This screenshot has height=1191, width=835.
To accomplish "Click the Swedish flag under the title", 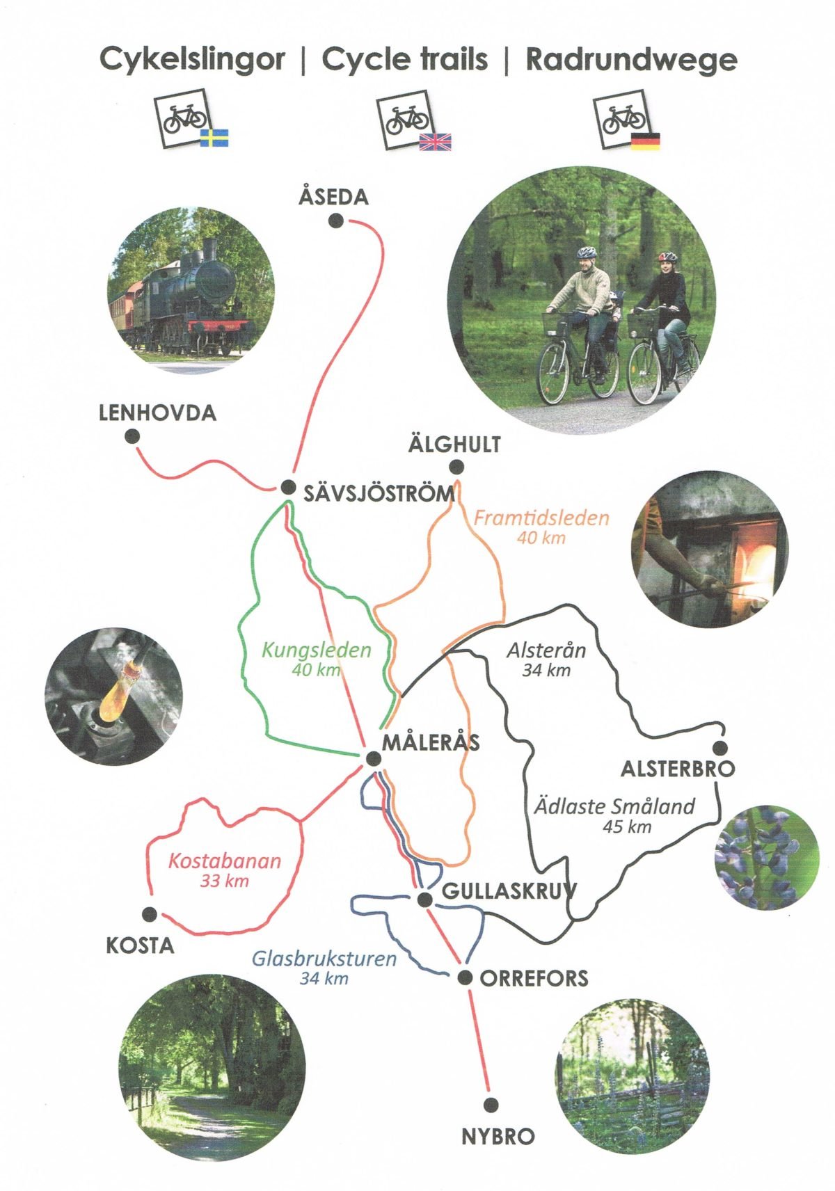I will (x=214, y=138).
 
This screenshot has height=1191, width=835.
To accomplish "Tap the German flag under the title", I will (x=645, y=141).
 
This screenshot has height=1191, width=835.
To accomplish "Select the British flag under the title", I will (x=436, y=142).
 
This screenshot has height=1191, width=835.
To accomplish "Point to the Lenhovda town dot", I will (x=132, y=437).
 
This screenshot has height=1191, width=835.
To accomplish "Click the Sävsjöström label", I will (x=380, y=494).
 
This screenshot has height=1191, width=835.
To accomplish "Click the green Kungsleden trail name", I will (x=317, y=651).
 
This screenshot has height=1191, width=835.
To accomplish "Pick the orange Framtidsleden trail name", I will (x=541, y=518).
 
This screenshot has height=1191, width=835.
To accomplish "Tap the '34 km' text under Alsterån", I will (x=546, y=671).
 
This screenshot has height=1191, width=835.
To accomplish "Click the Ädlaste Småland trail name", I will (x=614, y=807).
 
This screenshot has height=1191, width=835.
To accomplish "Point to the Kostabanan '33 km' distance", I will (x=224, y=881).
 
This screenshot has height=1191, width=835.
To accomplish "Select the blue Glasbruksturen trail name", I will (x=324, y=959).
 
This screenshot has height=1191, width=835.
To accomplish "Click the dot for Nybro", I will (x=491, y=1104).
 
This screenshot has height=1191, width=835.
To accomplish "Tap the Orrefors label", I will (x=534, y=979).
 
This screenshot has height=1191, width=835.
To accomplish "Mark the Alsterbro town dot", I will (x=720, y=748).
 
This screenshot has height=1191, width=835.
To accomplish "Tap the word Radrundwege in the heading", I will (x=631, y=60).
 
